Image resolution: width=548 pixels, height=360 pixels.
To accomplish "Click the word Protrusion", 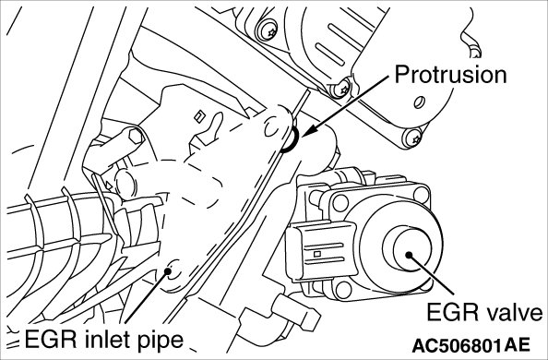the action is click(x=450, y=75).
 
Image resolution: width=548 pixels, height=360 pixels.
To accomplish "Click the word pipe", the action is click(x=161, y=341).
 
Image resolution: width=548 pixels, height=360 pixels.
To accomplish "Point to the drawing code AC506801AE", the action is click(x=471, y=345).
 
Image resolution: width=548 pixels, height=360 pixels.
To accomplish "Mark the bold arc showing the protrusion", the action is click(x=291, y=140).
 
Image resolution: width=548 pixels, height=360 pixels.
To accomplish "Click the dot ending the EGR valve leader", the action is click(x=409, y=255).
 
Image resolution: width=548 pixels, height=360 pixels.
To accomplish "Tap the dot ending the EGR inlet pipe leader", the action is click(x=168, y=270).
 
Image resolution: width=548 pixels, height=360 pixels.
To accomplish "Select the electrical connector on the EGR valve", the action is click(x=321, y=249).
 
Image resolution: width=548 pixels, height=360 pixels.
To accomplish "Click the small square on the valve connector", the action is click(x=317, y=254).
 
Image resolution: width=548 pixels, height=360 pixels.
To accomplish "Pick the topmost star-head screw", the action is click(x=268, y=30).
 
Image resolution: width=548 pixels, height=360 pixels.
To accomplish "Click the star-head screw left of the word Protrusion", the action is click(x=341, y=89).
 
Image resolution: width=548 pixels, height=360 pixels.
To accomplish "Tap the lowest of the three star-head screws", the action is click(x=413, y=138).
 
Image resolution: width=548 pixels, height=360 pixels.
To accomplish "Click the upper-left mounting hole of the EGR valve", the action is click(x=340, y=203).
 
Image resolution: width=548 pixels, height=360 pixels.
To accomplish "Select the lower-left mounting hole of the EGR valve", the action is click(x=343, y=290).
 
